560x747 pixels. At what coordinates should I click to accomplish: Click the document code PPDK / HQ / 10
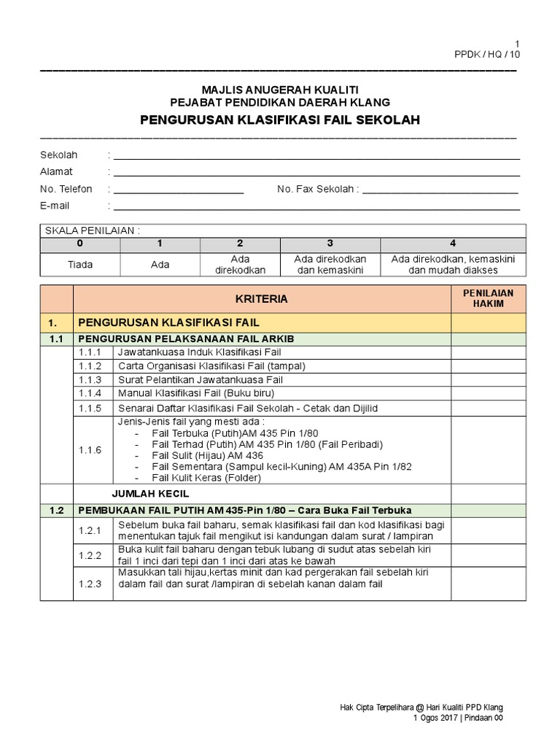(x=488, y=55)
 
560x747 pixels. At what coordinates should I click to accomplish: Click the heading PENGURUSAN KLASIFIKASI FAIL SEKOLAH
(x=280, y=120)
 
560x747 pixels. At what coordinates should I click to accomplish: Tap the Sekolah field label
(x=58, y=155)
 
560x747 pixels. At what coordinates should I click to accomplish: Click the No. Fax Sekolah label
(x=317, y=189)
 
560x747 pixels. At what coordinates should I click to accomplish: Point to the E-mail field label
(x=55, y=206)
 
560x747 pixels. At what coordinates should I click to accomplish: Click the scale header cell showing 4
(x=453, y=244)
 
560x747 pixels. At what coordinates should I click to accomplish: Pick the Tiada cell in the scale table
(x=80, y=264)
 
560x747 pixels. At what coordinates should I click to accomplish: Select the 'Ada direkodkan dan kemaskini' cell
(x=330, y=264)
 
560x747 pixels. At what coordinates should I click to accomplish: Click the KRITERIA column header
(x=262, y=299)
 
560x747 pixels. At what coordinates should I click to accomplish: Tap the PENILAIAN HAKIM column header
(x=488, y=298)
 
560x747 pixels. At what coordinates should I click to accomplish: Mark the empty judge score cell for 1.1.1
(x=488, y=352)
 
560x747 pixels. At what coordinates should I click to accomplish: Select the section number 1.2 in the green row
(x=57, y=510)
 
